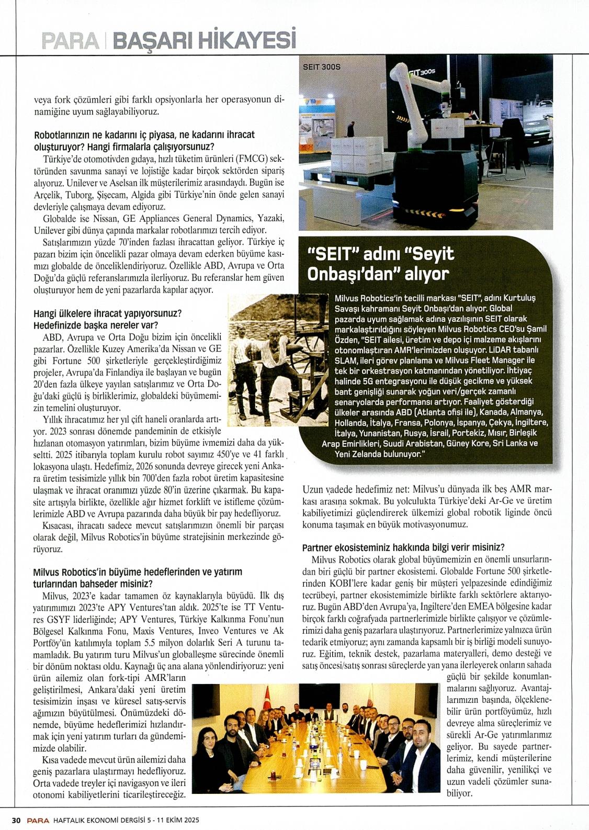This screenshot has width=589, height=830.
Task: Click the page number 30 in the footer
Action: click(16, 820)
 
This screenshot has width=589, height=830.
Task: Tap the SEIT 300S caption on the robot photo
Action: click(322, 68)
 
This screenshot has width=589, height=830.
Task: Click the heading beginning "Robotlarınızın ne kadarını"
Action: click(144, 135)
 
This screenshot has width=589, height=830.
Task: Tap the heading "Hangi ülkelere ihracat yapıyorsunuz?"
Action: click(107, 313)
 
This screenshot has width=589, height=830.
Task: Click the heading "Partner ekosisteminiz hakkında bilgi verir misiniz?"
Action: click(403, 547)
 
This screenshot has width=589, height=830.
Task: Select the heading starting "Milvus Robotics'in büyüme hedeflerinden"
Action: click(138, 573)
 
